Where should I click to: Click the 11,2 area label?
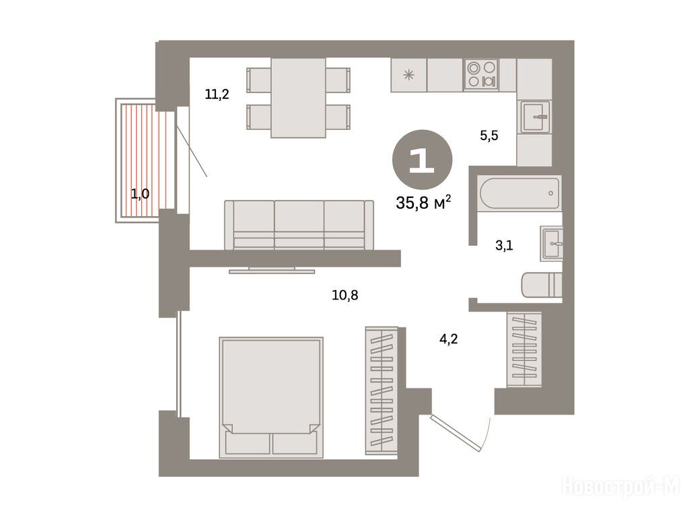pyautogui.click(x=217, y=94)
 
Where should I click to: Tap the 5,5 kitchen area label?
pyautogui.click(x=489, y=135)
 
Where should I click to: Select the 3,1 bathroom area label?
pyautogui.click(x=504, y=245)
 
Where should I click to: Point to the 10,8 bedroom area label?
pyautogui.click(x=345, y=295)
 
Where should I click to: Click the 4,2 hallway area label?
pyautogui.click(x=449, y=339)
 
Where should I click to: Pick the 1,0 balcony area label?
pyautogui.click(x=140, y=193)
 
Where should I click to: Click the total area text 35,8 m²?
pyautogui.click(x=424, y=203)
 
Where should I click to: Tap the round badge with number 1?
pyautogui.click(x=423, y=160)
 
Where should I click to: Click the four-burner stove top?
pyautogui.click(x=481, y=74)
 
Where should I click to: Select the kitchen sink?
pyautogui.click(x=534, y=117)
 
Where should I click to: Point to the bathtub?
pyautogui.click(x=519, y=193)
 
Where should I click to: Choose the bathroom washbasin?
pyautogui.click(x=552, y=243)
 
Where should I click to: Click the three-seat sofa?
pyautogui.click(x=299, y=225)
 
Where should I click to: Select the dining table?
pyautogui.click(x=298, y=98)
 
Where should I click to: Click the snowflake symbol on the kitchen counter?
pyautogui.click(x=408, y=75)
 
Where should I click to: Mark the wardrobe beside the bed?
pyautogui.click(x=382, y=390)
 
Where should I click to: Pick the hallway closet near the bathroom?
pyautogui.click(x=524, y=349)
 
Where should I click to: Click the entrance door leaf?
pyautogui.click(x=454, y=433)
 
